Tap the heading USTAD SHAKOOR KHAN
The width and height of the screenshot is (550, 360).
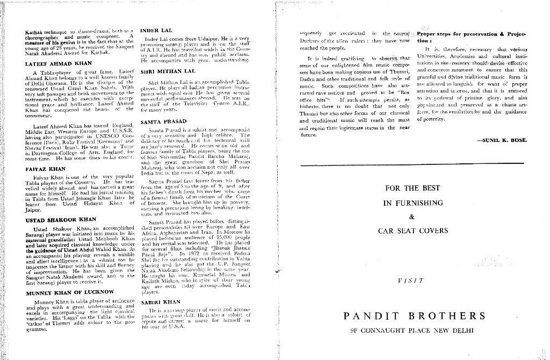[61, 220]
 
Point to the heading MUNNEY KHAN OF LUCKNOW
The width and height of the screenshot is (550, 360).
[70, 293]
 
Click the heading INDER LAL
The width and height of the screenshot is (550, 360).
[155, 30]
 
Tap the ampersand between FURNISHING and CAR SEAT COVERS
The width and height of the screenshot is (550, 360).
[412, 217]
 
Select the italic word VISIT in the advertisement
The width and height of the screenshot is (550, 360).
[412, 280]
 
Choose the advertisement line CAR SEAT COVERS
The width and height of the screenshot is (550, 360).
[412, 231]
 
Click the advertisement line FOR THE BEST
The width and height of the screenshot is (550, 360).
[412, 189]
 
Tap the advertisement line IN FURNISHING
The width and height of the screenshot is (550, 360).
[412, 203]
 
